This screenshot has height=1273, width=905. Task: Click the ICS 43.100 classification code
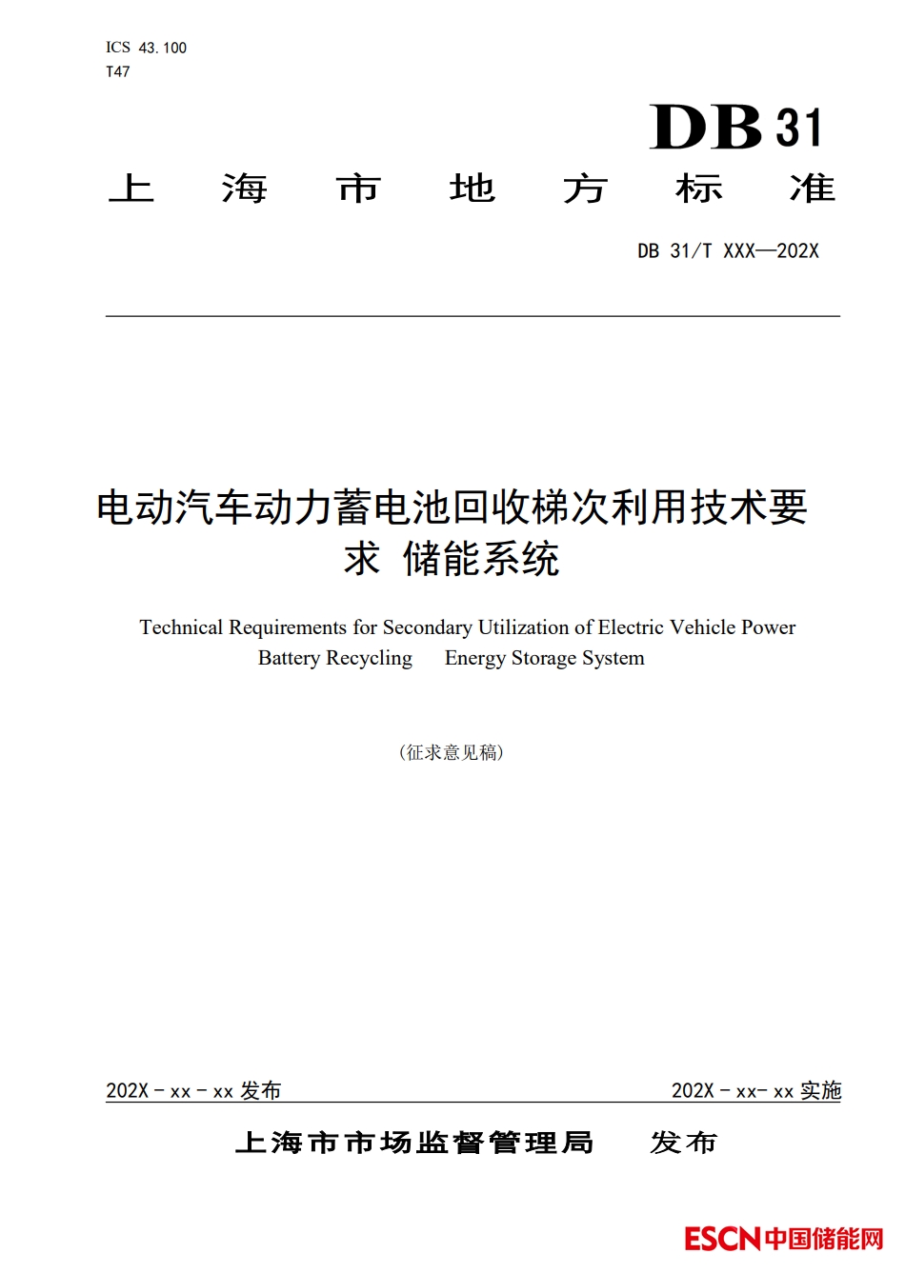click(146, 48)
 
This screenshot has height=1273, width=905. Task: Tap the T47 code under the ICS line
click(117, 71)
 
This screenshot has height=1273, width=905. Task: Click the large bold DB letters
click(706, 128)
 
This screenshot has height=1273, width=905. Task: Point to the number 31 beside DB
click(798, 129)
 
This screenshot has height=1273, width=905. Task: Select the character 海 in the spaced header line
click(244, 189)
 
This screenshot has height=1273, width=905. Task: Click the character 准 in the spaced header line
click(812, 189)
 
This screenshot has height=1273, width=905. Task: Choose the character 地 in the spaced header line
click(472, 189)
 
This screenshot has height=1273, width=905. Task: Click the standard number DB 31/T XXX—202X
click(728, 251)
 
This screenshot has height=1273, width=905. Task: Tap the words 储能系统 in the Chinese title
click(481, 559)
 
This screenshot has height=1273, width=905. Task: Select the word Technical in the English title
click(181, 627)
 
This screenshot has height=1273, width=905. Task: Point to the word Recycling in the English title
click(369, 658)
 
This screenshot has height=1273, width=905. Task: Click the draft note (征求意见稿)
click(452, 752)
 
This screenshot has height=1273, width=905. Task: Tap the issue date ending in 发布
click(193, 1090)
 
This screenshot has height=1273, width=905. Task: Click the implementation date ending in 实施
click(756, 1090)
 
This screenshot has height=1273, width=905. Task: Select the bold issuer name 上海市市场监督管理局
click(414, 1143)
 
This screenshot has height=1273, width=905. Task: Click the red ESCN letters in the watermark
click(722, 1239)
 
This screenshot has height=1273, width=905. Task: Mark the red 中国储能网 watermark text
click(824, 1239)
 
